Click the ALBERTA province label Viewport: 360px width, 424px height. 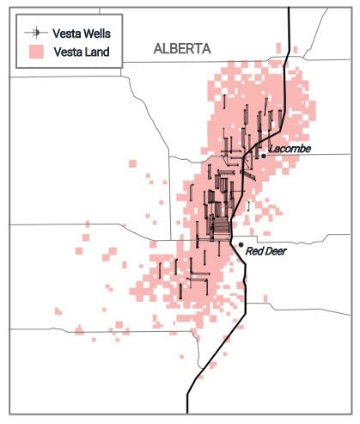[x=182, y=49]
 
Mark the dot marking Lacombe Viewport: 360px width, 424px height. [x=264, y=155]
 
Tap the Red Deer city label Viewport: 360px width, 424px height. [x=265, y=252]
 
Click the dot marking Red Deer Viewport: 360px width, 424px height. [x=240, y=245]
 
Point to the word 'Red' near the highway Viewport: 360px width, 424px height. [x=253, y=252]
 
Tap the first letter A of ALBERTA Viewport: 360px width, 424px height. [x=158, y=49]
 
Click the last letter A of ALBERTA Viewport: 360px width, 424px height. [x=206, y=49]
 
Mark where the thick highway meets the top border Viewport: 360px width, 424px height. [x=289, y=9]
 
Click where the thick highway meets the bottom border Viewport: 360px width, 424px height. [x=187, y=413]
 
